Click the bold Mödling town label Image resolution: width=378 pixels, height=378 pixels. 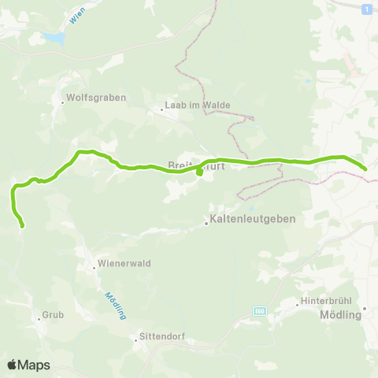point(339,314)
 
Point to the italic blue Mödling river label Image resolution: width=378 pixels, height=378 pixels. point(115,305)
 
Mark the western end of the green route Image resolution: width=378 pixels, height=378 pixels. point(22,226)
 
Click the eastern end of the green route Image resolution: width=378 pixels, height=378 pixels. point(365,168)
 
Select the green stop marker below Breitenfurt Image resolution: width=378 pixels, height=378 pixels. point(199,174)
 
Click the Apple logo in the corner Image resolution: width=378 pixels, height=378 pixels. point(13,365)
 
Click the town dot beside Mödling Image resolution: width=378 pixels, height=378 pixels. point(365,308)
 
